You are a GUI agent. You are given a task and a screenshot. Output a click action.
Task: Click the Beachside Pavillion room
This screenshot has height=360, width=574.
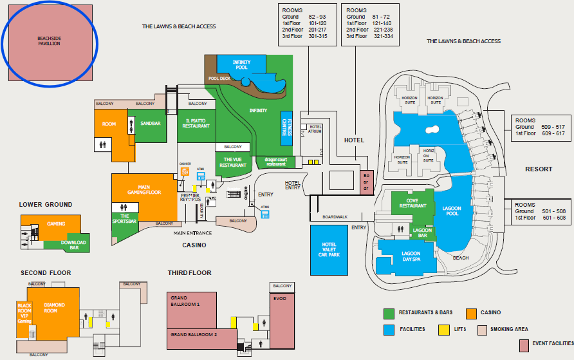click(x=49, y=43)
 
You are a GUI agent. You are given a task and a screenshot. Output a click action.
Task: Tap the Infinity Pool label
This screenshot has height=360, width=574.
click(x=241, y=64)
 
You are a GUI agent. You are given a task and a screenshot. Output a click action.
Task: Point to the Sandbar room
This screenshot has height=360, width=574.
click(x=150, y=123)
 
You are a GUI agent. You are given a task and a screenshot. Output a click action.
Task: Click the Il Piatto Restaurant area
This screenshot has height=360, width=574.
click(x=197, y=124)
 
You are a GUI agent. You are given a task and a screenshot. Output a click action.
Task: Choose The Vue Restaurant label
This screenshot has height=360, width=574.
click(x=233, y=162)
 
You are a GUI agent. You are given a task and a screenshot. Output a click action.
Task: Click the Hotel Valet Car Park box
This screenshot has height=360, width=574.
click(x=329, y=250)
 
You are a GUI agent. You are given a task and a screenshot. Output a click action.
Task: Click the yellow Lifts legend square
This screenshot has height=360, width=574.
click(x=443, y=329)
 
